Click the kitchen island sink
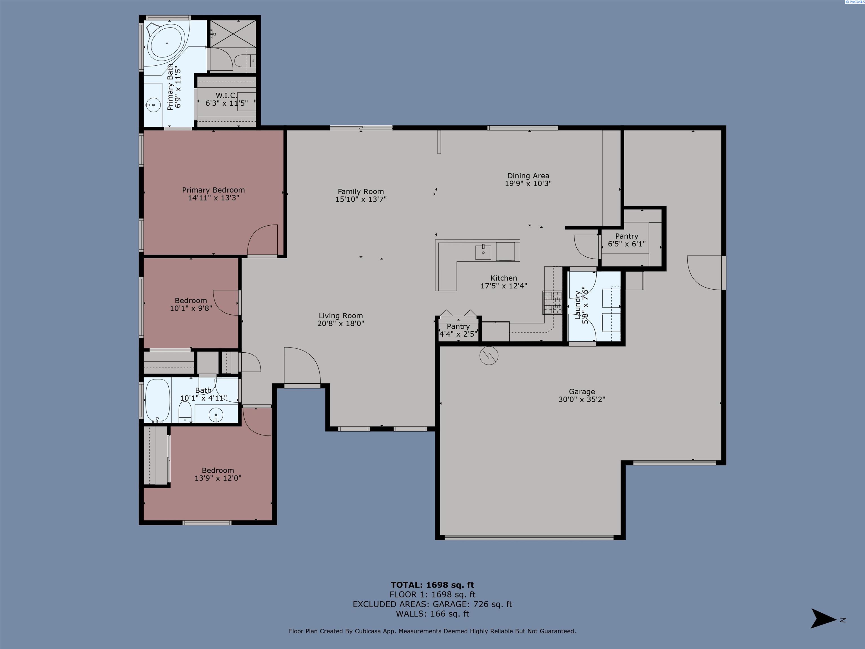point(483,252)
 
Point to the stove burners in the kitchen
point(552,303)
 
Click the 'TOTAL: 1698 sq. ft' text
point(432,585)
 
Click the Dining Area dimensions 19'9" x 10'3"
point(528,183)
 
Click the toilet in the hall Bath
point(185,413)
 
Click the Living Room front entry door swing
point(302,366)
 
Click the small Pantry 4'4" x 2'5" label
point(458,330)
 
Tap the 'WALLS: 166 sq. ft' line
point(432,614)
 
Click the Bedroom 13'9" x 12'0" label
point(218,474)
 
